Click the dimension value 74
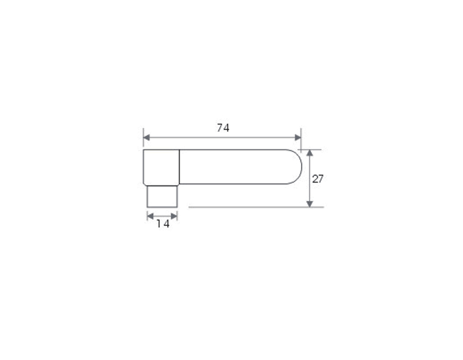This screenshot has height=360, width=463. tap(223, 128)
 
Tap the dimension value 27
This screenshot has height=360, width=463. tap(318, 179)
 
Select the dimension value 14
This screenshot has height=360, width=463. tap(163, 224)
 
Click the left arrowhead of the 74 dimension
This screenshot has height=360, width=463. tap(147, 137)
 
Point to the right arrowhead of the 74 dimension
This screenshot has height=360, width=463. tap(298, 137)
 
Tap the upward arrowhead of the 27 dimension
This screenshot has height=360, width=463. tap(310, 153)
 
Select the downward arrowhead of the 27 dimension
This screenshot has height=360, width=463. tap(310, 204)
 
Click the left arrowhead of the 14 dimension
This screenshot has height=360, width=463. tap(150, 217)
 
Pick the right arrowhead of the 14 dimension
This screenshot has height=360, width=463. tap(174, 217)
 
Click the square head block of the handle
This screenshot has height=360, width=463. tap(161, 167)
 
